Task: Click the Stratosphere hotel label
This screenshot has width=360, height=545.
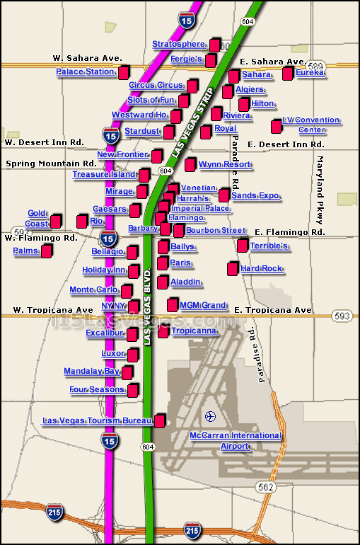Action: coord(178,45)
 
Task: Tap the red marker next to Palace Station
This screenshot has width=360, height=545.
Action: coord(124,72)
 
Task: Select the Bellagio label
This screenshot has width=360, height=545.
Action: coord(108,252)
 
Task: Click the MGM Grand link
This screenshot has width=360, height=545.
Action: coord(202,306)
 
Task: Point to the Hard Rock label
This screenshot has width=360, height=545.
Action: coord(261,269)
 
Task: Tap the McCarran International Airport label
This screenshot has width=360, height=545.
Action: coord(235,441)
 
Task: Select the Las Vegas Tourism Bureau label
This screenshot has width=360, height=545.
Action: coord(97,421)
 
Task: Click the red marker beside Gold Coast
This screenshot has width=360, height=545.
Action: coord(56,222)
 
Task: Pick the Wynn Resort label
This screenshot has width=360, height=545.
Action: coord(224,165)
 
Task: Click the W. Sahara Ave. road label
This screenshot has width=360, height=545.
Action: coord(88,58)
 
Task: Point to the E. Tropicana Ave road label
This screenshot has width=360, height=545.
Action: coord(273,311)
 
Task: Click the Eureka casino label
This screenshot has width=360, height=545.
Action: coord(310,73)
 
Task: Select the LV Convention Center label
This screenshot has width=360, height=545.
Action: coord(310,125)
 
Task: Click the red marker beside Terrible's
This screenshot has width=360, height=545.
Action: coord(243,246)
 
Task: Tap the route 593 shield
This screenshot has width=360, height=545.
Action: coord(342,315)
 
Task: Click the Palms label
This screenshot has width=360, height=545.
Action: coord(25,251)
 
